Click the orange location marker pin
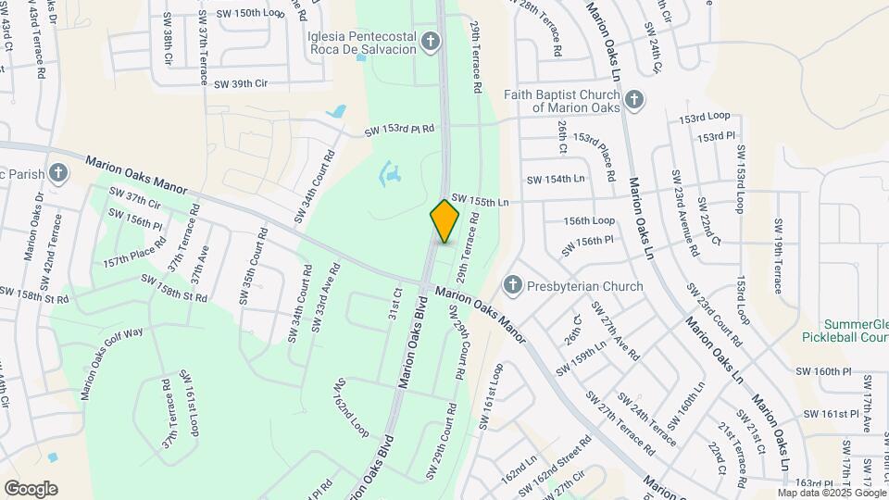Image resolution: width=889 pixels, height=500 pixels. [x=444, y=221]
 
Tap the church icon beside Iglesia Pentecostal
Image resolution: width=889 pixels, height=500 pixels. [x=430, y=40]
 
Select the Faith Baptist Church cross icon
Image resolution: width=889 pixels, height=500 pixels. [x=633, y=99]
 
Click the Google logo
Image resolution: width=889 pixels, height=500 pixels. [x=31, y=488]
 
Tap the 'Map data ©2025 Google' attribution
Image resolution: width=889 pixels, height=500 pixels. [x=832, y=493]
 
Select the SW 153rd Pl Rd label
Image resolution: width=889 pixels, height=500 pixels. [x=399, y=131]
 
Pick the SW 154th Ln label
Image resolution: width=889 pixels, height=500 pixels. [x=556, y=178]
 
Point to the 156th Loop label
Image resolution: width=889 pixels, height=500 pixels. [x=590, y=220]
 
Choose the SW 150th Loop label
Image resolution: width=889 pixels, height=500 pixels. [x=250, y=13]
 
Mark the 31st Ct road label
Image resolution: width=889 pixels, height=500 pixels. [x=395, y=305]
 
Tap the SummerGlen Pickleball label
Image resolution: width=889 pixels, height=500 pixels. [x=845, y=331]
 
